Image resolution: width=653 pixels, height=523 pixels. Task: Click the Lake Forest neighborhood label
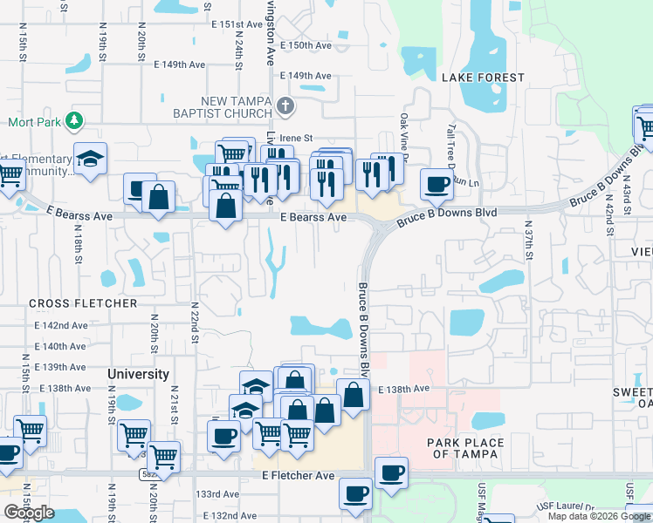(x=483, y=78)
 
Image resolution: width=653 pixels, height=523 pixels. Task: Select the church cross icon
(x=285, y=107)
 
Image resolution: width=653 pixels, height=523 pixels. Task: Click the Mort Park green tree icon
(x=75, y=121)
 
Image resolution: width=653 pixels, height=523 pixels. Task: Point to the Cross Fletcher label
(x=83, y=303)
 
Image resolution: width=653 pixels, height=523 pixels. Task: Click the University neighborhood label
(x=138, y=374)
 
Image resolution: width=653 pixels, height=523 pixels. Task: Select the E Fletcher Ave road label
(x=299, y=476)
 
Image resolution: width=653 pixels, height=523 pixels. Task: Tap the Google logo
(x=29, y=513)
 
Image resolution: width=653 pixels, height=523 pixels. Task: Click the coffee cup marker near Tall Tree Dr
(x=436, y=183)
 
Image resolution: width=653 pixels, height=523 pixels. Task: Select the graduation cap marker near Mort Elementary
(x=90, y=159)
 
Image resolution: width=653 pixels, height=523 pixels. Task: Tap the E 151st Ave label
(x=236, y=25)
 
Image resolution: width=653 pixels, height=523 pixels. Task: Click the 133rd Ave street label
(x=217, y=494)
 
